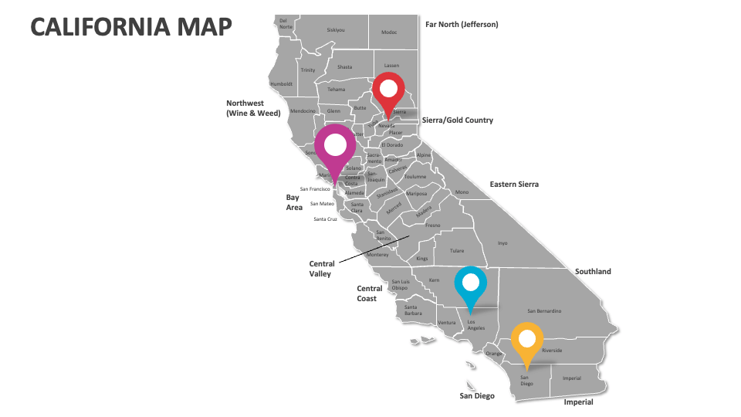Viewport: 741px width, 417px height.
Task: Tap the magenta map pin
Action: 335,146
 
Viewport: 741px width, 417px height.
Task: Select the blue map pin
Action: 470,284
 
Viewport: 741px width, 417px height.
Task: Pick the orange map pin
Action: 527,340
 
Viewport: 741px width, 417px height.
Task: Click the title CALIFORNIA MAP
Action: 130,27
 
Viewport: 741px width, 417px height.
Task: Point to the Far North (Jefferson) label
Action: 462,24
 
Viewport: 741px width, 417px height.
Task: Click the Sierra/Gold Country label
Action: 457,120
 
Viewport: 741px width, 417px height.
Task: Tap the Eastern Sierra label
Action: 514,185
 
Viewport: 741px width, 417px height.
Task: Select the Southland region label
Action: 593,271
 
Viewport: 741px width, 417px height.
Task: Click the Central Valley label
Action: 321,269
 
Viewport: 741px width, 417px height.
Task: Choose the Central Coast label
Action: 370,293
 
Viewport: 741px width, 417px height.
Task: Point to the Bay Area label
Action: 294,202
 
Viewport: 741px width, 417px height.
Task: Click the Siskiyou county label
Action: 336,30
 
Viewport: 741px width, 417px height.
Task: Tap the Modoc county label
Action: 389,32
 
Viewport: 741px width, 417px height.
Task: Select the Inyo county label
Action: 502,243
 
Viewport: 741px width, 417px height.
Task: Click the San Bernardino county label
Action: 543,311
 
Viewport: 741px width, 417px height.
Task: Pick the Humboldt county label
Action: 282,83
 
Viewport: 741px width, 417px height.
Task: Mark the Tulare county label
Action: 458,251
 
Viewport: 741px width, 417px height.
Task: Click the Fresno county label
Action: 432,225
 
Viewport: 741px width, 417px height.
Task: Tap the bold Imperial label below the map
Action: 578,402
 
